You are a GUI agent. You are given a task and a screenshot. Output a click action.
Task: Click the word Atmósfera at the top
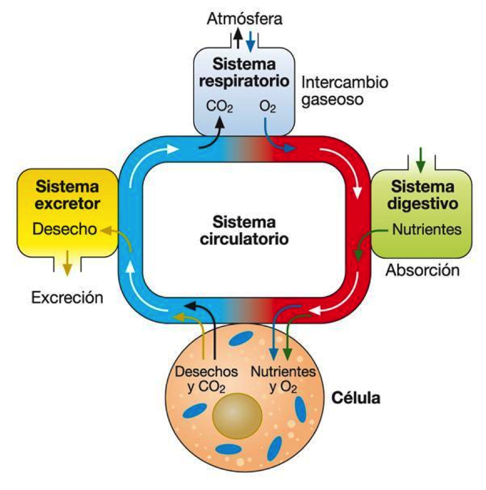244,20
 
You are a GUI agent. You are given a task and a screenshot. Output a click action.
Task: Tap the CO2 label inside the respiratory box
220,105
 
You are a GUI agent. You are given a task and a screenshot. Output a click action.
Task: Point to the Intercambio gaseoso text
344,91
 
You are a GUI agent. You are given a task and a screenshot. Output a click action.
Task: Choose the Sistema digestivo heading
422,195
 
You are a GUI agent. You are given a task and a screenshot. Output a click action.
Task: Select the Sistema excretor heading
67,195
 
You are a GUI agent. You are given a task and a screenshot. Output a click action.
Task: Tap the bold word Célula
356,397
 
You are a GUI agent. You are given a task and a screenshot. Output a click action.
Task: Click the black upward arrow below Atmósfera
237,39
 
